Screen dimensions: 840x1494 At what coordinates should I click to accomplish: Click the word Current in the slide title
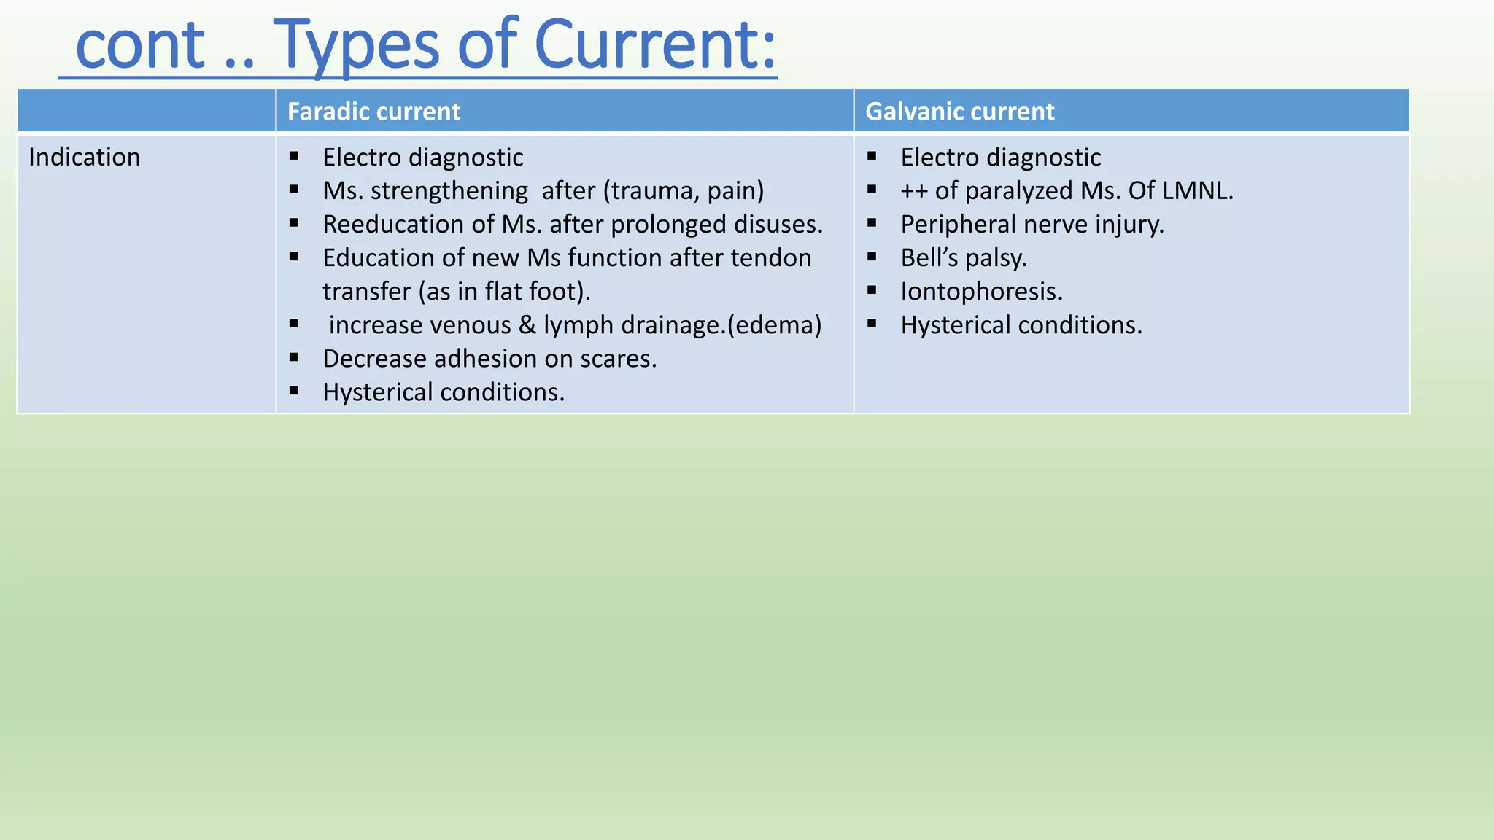(654, 45)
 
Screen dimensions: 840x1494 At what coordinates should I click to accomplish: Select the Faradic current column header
(373, 112)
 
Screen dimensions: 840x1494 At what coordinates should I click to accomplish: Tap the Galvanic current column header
(959, 112)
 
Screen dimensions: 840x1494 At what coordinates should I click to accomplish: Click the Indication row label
(85, 157)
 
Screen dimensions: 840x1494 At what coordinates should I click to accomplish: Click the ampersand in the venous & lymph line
(527, 325)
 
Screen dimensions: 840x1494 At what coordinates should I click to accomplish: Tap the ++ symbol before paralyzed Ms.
(913, 191)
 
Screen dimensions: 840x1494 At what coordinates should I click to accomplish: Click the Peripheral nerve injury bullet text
(1032, 225)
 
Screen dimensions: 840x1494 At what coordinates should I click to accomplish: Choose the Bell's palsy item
(963, 258)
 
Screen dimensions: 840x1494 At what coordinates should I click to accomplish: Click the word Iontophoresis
(981, 292)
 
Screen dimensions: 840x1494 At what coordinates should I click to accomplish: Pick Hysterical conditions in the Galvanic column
(1021, 325)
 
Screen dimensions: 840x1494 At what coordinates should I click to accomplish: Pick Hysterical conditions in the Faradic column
(444, 392)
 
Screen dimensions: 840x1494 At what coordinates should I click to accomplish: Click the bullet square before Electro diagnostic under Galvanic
(872, 155)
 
